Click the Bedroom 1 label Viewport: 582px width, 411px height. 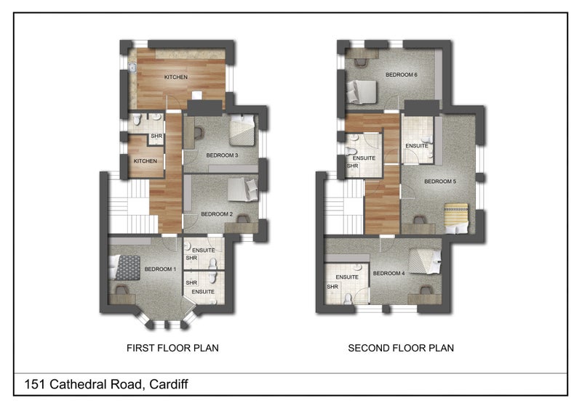click(x=160, y=269)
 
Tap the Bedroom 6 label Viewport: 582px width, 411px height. click(x=402, y=75)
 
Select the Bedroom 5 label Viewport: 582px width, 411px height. click(x=440, y=182)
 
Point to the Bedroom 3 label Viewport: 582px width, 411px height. click(x=222, y=155)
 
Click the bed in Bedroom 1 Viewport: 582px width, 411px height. click(x=124, y=267)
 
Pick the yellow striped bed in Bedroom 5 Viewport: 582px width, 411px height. click(x=456, y=219)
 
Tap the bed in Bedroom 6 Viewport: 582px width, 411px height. click(x=362, y=91)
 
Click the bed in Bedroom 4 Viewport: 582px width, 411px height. click(x=425, y=261)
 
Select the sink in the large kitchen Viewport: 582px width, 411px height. click(x=132, y=68)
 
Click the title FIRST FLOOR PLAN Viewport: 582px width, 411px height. click(x=172, y=348)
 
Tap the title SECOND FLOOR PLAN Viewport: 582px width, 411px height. click(x=401, y=348)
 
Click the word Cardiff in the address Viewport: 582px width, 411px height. click(x=169, y=384)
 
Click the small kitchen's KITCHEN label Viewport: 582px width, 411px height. click(x=145, y=161)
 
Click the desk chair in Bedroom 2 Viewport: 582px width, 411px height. click(x=243, y=219)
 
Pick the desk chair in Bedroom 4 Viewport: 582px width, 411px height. click(x=426, y=290)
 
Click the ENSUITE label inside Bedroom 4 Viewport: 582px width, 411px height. click(x=347, y=277)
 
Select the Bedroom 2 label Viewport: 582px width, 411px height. click(x=217, y=214)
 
